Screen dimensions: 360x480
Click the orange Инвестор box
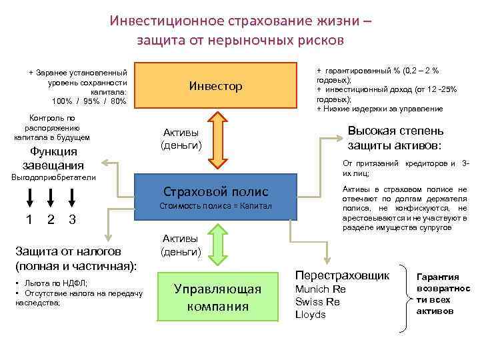pos(215,87)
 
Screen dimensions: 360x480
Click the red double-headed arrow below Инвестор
pos(217,143)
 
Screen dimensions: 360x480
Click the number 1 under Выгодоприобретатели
pos(29,219)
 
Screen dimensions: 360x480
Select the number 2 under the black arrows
pos(51,219)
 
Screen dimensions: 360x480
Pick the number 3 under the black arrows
pos(72,219)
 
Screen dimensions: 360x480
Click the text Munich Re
pos(320,289)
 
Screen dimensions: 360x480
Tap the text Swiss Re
pos(317,301)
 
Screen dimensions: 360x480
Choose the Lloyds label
pos(311,314)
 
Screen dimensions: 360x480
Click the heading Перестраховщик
pos(342,275)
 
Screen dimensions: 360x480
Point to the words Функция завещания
pos(53,158)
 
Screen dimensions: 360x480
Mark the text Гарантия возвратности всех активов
pos(443,293)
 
